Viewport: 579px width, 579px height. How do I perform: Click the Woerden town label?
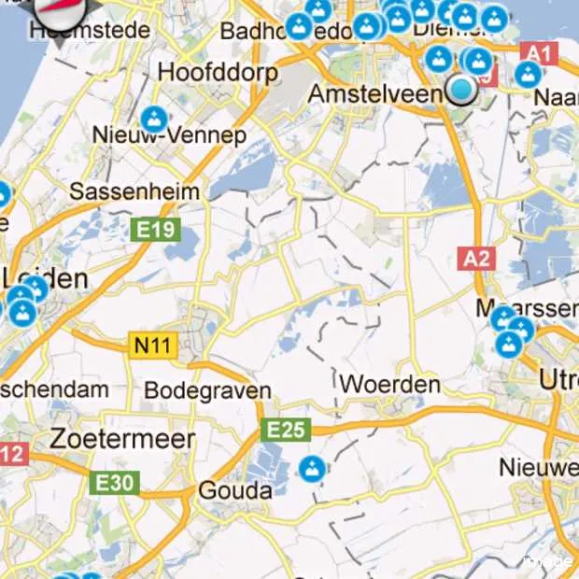click(389, 384)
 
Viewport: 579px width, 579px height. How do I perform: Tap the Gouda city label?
click(235, 490)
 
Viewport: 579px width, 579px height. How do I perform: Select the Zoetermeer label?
click(123, 439)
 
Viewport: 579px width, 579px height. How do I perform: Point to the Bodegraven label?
click(208, 390)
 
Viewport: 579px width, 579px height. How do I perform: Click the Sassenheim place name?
click(135, 191)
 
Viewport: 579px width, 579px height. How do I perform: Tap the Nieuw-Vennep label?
click(169, 135)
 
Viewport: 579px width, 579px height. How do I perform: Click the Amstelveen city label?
click(378, 94)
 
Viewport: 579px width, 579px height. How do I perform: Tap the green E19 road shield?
click(155, 229)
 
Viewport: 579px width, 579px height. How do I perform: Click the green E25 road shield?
click(285, 430)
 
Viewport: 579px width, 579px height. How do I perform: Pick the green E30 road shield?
click(115, 483)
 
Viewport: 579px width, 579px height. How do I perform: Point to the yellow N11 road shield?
click(151, 346)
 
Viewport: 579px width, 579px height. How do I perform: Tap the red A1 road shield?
click(540, 53)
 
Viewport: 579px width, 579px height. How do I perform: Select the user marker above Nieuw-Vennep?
click(154, 119)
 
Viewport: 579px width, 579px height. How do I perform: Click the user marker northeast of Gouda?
click(313, 468)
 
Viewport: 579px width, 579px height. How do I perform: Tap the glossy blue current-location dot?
click(461, 90)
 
